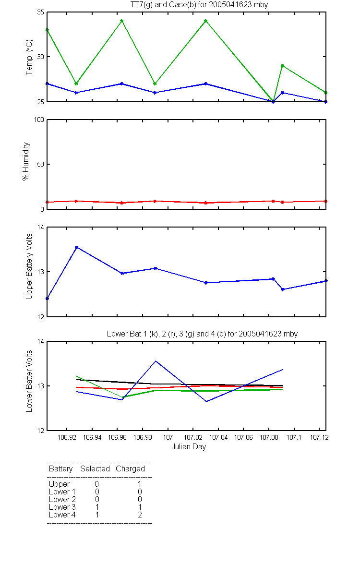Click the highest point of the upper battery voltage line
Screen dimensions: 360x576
coord(76,247)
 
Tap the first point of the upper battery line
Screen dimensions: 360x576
coord(47,299)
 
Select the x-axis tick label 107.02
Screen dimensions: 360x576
coord(193,437)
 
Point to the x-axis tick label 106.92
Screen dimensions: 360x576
coord(67,437)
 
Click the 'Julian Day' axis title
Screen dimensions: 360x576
coord(189,447)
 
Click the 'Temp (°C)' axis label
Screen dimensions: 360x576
coord(29,57)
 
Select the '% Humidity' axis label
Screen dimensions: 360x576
coord(26,161)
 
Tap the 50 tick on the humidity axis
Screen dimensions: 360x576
coord(41,164)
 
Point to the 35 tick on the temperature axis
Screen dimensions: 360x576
coord(41,12)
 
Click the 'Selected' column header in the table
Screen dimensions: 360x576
coord(95,468)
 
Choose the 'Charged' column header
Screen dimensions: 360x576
coord(130,469)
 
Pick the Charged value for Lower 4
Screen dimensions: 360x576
coord(140,515)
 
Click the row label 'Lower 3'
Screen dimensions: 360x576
coord(62,507)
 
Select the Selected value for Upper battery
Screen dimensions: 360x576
coord(96,484)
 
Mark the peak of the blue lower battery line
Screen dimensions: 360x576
coord(156,361)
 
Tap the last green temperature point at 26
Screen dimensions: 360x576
coord(325,93)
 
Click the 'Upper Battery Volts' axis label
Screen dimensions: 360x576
coord(29,266)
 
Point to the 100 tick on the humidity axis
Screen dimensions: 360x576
coord(39,120)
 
